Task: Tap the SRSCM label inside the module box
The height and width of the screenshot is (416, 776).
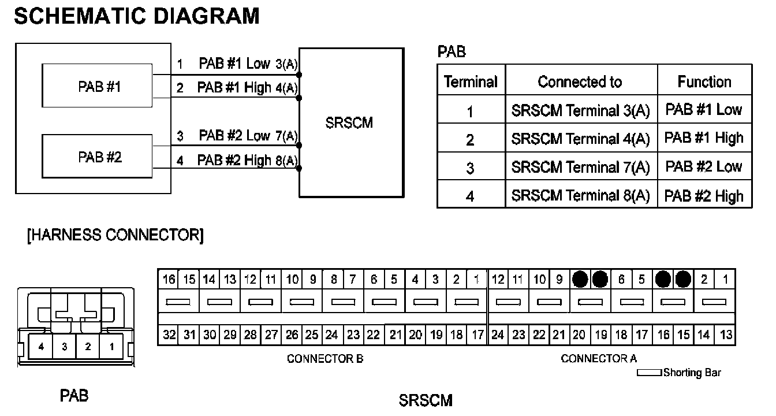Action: [x=349, y=122]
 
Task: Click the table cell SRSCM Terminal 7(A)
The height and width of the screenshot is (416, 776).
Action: [x=580, y=167]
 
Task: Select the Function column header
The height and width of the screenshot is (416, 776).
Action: [x=704, y=81]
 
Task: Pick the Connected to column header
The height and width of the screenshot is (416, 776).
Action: [x=580, y=81]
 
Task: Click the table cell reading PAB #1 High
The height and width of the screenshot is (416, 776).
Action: [x=704, y=138]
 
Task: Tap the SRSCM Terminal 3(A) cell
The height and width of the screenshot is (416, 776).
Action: [x=580, y=110]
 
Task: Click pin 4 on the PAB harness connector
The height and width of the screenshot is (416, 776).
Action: [x=41, y=347]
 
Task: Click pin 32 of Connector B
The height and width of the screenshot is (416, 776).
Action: [x=169, y=335]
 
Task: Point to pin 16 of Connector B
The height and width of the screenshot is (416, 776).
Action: [x=169, y=280]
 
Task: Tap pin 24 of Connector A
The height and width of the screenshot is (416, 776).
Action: [x=498, y=335]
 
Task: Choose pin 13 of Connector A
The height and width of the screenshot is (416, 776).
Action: [x=726, y=335]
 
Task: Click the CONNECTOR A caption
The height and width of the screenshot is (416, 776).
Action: [x=599, y=359]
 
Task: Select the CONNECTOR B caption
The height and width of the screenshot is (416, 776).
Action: [x=325, y=359]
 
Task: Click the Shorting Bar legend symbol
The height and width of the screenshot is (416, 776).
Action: [x=649, y=373]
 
